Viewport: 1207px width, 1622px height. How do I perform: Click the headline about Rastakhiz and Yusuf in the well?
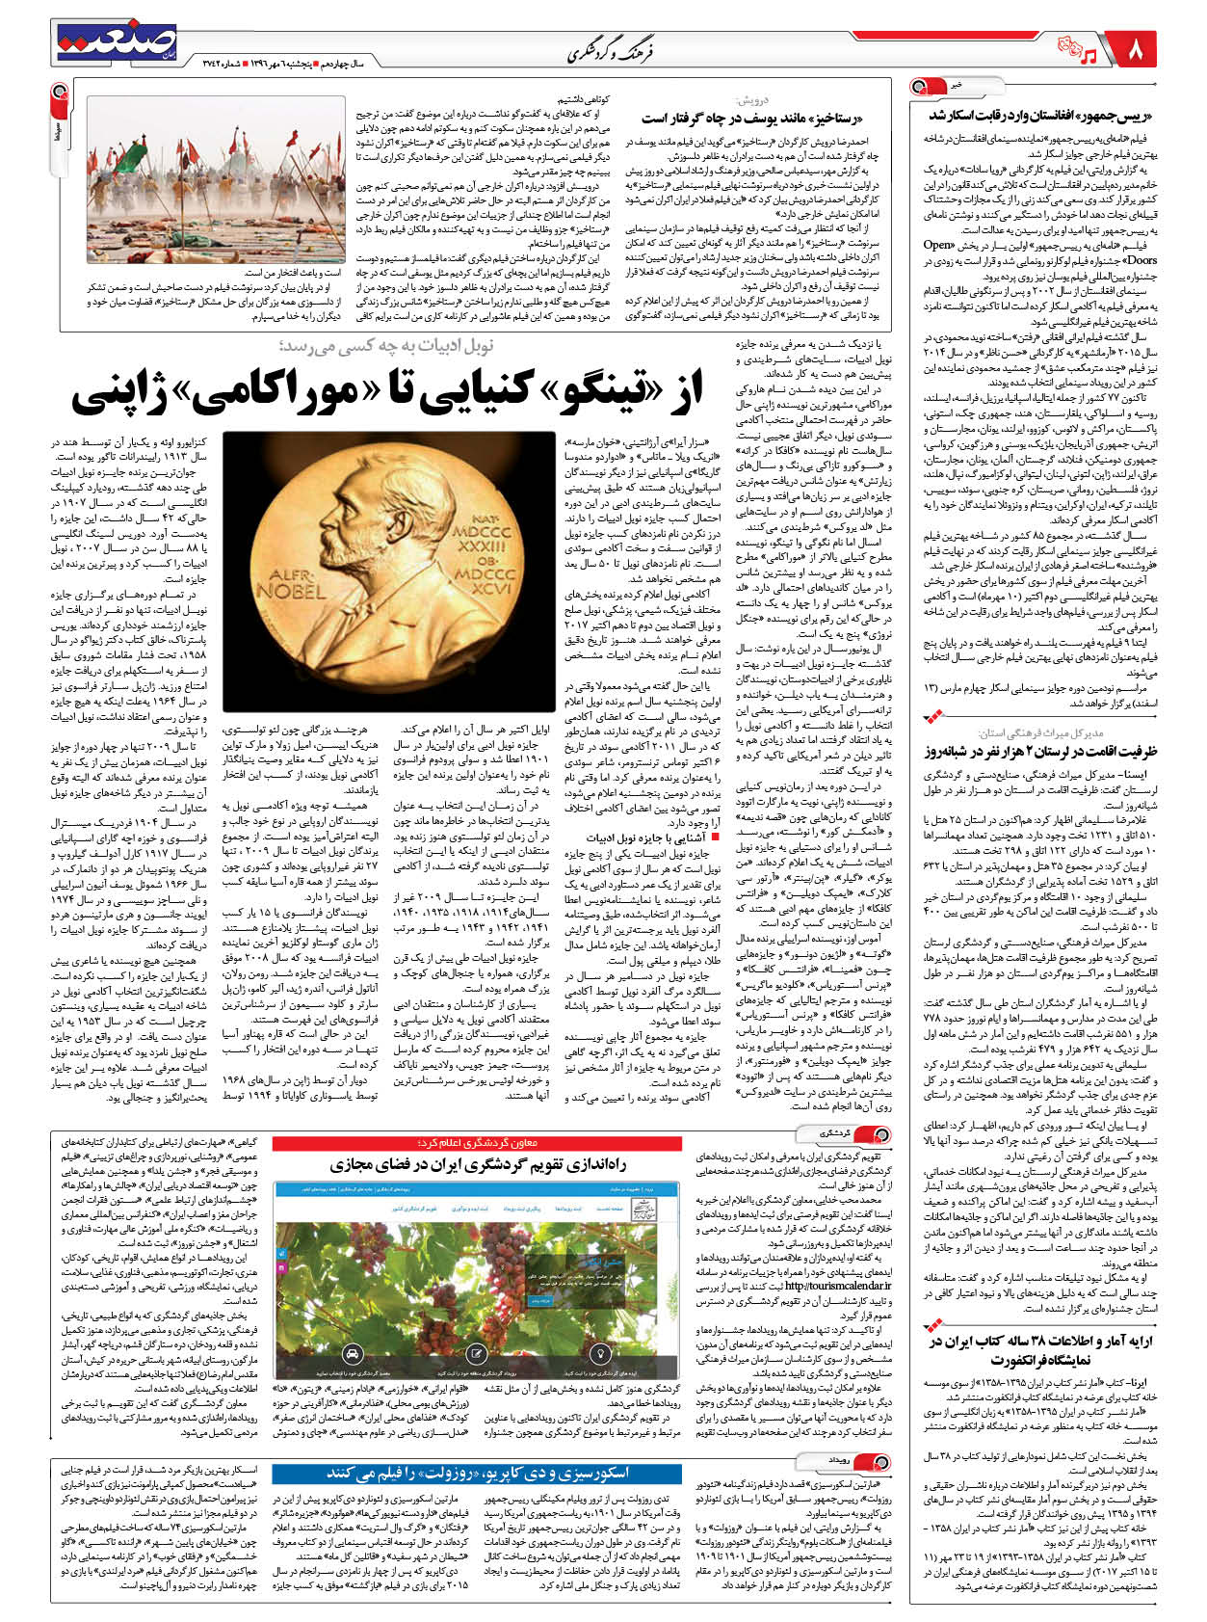pyautogui.click(x=765, y=119)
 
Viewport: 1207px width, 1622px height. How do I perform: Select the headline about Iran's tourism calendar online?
pyautogui.click(x=478, y=1164)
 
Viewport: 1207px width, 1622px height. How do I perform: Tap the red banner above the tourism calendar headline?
pyautogui.click(x=478, y=1143)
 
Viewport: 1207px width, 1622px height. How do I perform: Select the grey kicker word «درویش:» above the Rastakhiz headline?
pyautogui.click(x=750, y=100)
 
